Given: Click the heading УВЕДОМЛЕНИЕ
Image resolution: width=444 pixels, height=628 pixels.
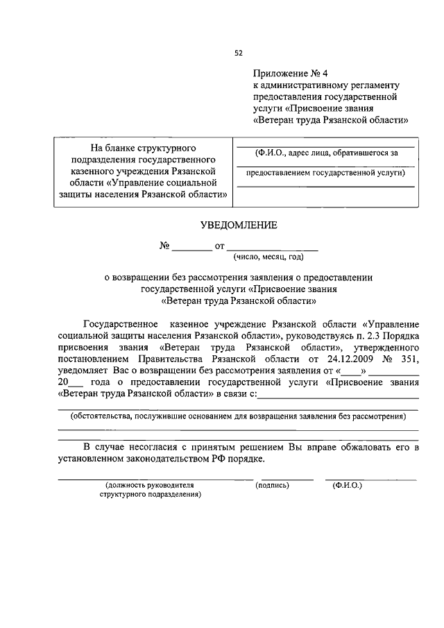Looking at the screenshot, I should (x=239, y=225).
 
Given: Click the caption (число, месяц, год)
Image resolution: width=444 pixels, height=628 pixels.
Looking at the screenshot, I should (x=268, y=257).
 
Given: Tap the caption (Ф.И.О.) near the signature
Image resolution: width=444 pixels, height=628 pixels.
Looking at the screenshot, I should (x=347, y=485).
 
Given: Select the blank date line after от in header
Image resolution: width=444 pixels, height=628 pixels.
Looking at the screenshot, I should (x=272, y=247).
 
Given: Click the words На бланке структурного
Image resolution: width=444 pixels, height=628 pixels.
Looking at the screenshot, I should (x=144, y=148).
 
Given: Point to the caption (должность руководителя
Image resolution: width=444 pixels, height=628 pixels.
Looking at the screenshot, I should (x=148, y=485).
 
